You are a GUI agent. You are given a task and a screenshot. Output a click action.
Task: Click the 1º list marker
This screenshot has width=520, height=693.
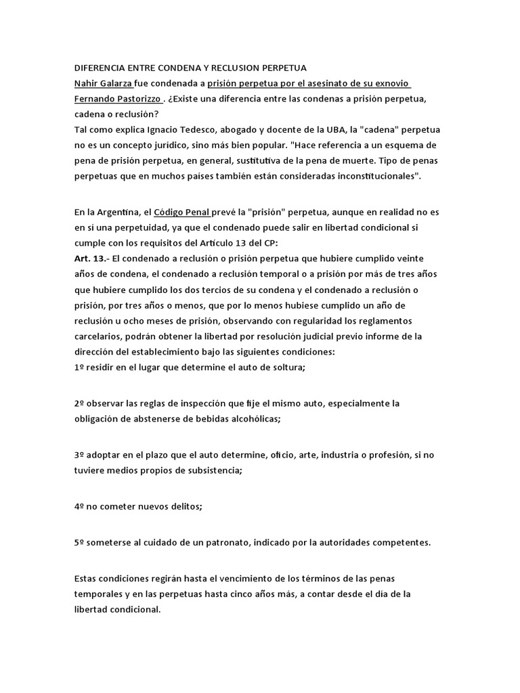pos(79,367)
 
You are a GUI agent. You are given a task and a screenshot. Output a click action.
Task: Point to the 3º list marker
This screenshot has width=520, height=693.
pos(79,455)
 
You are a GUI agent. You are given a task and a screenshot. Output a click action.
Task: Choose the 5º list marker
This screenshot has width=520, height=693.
pos(79,542)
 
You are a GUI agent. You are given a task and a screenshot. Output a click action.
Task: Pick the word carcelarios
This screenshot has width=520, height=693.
pos(98,336)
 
